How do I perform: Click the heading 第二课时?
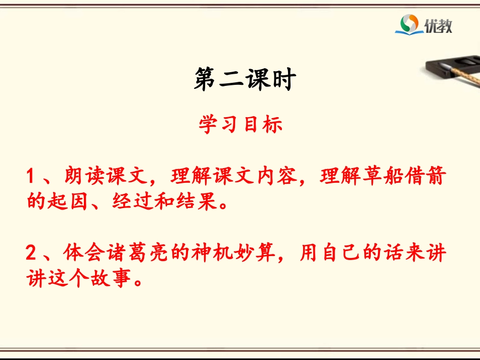244,79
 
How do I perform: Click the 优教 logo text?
439,24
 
